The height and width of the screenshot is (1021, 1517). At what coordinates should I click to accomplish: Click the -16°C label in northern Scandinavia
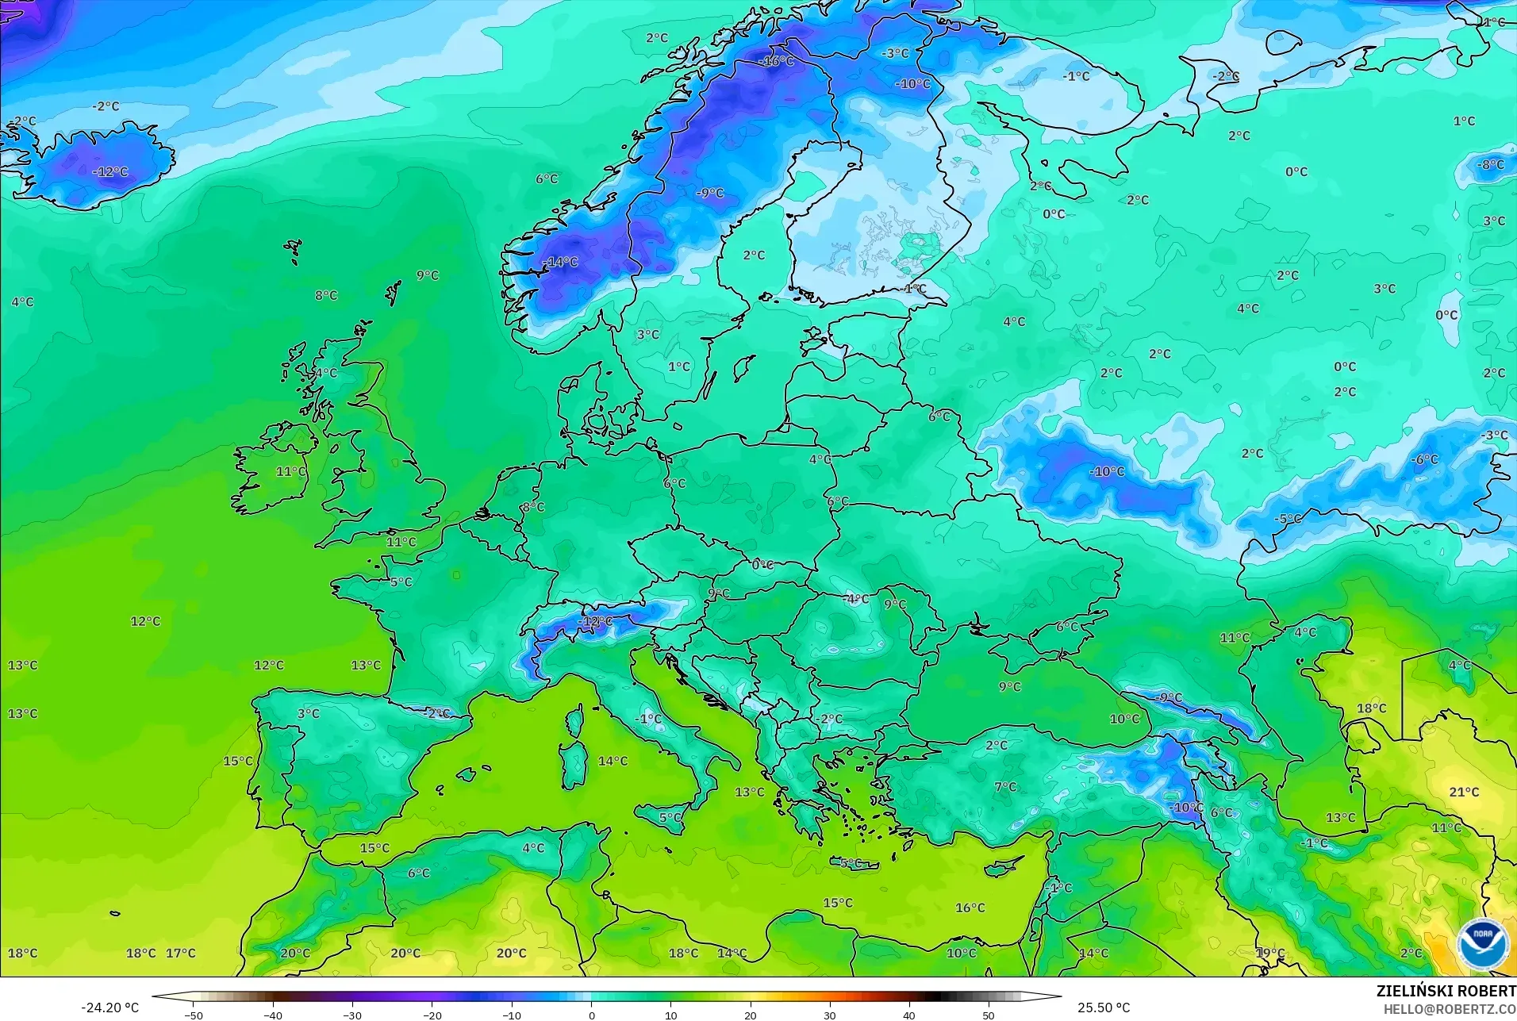tap(776, 61)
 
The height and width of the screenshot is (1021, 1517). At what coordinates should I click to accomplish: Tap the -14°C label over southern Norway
tap(560, 262)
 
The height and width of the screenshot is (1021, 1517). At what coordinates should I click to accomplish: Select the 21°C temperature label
tap(1464, 792)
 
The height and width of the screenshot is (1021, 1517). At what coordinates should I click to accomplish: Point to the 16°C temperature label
tap(970, 908)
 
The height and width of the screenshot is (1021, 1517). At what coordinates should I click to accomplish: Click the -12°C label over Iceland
tap(109, 171)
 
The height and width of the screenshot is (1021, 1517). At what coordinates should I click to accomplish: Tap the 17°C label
tap(180, 953)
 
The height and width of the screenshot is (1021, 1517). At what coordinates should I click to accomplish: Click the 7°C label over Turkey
tap(1005, 786)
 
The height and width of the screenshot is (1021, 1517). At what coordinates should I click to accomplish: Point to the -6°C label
tap(1424, 459)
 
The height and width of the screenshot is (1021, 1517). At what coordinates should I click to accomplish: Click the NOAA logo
tap(1481, 945)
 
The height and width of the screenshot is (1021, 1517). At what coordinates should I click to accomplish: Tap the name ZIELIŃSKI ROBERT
tap(1446, 991)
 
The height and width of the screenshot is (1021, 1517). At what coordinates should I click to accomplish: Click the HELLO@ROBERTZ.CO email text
tap(1450, 1009)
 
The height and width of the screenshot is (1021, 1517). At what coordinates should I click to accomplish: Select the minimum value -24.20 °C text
tap(109, 1008)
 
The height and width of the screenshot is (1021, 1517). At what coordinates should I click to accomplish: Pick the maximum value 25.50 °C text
tap(1103, 1008)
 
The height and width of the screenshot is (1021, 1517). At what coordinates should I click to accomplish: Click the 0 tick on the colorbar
tap(591, 1015)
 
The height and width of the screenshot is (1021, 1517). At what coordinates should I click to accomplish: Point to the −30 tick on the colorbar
tap(352, 1015)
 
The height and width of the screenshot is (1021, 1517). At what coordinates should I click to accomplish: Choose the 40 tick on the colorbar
tap(908, 1015)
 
